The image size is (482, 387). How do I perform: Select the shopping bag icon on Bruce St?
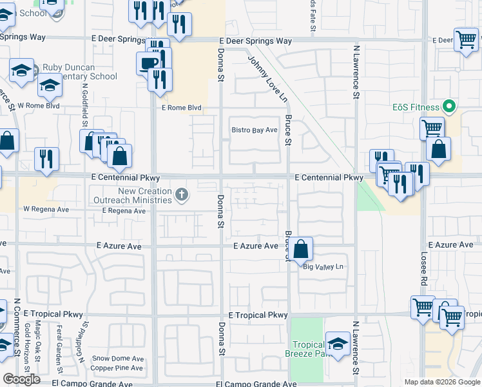(301, 248)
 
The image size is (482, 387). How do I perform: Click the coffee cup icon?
(148, 63)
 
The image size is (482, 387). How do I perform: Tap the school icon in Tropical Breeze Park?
(338, 343)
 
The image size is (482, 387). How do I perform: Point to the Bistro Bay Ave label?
(255, 130)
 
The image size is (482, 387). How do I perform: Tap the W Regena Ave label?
(46, 210)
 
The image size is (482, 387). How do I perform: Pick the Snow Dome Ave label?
(117, 359)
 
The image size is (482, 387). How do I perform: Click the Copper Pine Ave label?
(117, 368)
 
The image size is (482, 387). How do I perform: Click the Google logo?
(21, 379)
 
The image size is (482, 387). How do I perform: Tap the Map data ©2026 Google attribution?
(442, 382)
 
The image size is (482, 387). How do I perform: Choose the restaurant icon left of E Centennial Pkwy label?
(46, 159)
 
